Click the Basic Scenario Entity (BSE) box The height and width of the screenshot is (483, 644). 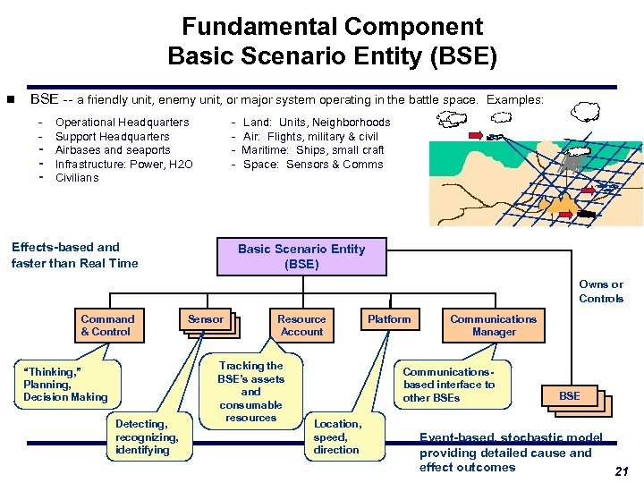pos(301,257)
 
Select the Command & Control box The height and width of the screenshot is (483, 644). pos(107,326)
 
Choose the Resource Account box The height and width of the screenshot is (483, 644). pos(301,326)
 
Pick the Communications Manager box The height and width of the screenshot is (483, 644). pos(494,326)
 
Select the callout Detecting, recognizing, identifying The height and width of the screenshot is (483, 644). pos(147,436)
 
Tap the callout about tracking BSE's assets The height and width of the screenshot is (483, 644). pos(250,392)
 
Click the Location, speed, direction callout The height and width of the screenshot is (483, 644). pos(337,436)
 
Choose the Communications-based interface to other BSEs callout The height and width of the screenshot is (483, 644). pos(448,385)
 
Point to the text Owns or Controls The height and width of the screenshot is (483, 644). pos(600,292)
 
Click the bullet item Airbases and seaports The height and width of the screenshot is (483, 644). pos(113,150)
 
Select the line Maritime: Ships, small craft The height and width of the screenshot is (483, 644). pos(313,150)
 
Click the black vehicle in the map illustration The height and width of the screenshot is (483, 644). pos(587,215)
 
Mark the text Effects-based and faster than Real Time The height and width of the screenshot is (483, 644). pos(75,255)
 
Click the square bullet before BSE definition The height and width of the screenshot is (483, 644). pos(11,100)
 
